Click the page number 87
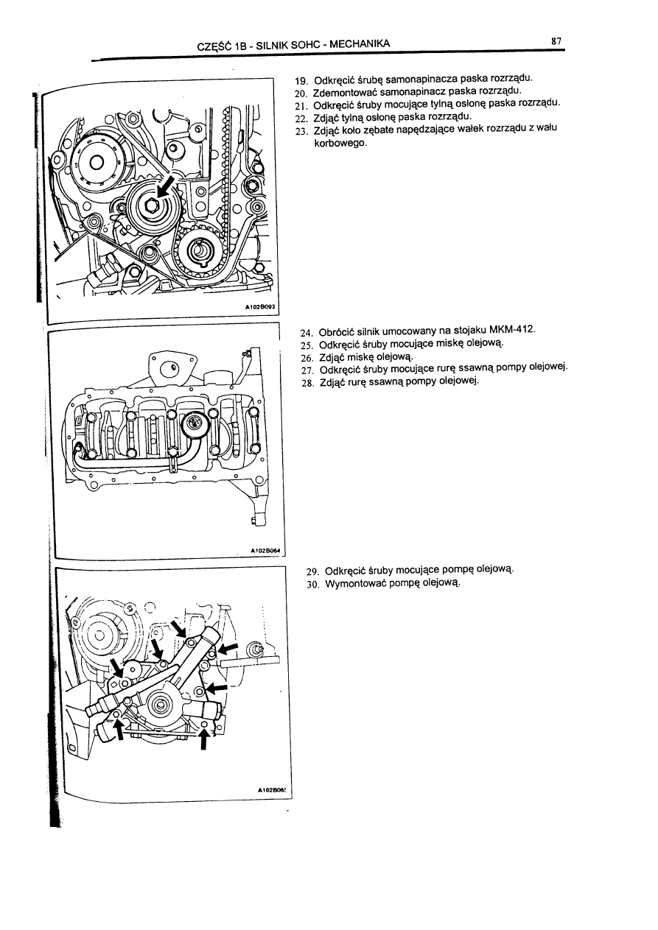click(x=556, y=42)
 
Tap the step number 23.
click(x=301, y=131)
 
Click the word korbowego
click(x=340, y=144)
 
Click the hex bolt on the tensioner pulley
click(x=150, y=208)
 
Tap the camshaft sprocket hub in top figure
click(x=97, y=163)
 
